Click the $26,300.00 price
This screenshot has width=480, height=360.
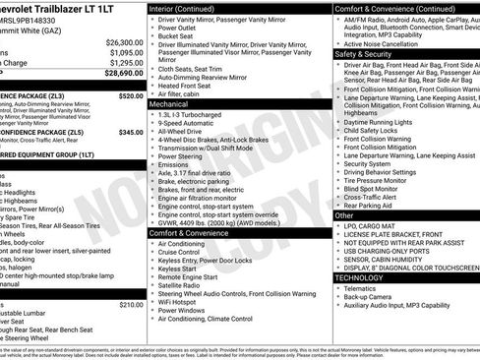pos(124,43)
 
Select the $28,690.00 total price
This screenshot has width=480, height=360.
pos(124,73)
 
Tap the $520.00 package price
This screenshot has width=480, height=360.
pos(131,97)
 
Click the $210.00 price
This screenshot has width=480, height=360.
pos(131,305)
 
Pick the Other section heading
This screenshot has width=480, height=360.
pos(344,214)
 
